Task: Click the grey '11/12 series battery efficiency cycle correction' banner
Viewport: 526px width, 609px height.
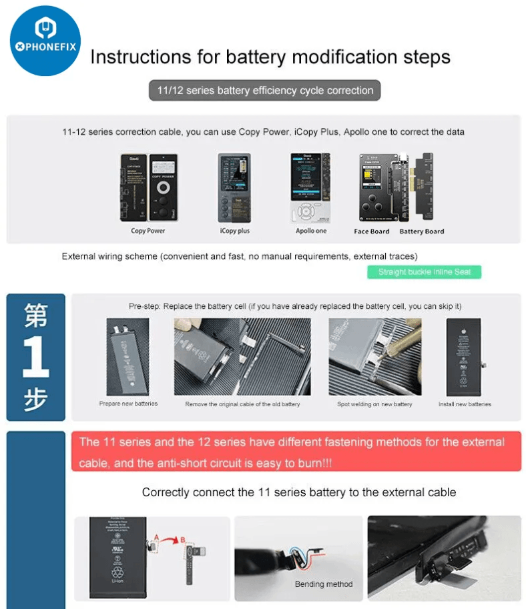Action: tap(265, 91)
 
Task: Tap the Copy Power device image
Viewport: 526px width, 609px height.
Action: tap(148, 188)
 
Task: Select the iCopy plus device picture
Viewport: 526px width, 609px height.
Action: tap(234, 188)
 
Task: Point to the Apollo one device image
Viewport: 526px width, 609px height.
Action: tap(311, 188)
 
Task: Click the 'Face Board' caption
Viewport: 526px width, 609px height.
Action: tap(371, 231)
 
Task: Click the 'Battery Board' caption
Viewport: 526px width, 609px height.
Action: tap(421, 231)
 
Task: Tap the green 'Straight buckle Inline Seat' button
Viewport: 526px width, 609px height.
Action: tap(424, 272)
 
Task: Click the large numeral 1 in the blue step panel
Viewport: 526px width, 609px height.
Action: tap(35, 358)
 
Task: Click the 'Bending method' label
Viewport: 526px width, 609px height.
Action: tap(324, 584)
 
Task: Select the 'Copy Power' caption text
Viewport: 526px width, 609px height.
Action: tap(148, 231)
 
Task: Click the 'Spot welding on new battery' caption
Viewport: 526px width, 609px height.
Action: tap(374, 404)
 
